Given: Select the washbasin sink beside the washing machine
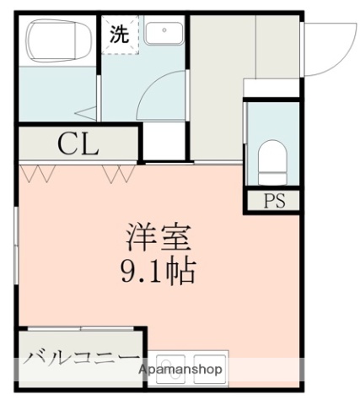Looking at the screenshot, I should coord(160,33).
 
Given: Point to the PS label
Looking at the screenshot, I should coord(272,202).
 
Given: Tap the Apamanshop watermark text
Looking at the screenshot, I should coord(180,370).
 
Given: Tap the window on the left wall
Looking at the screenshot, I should coord(17,245).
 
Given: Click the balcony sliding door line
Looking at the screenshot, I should coord(80,327).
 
